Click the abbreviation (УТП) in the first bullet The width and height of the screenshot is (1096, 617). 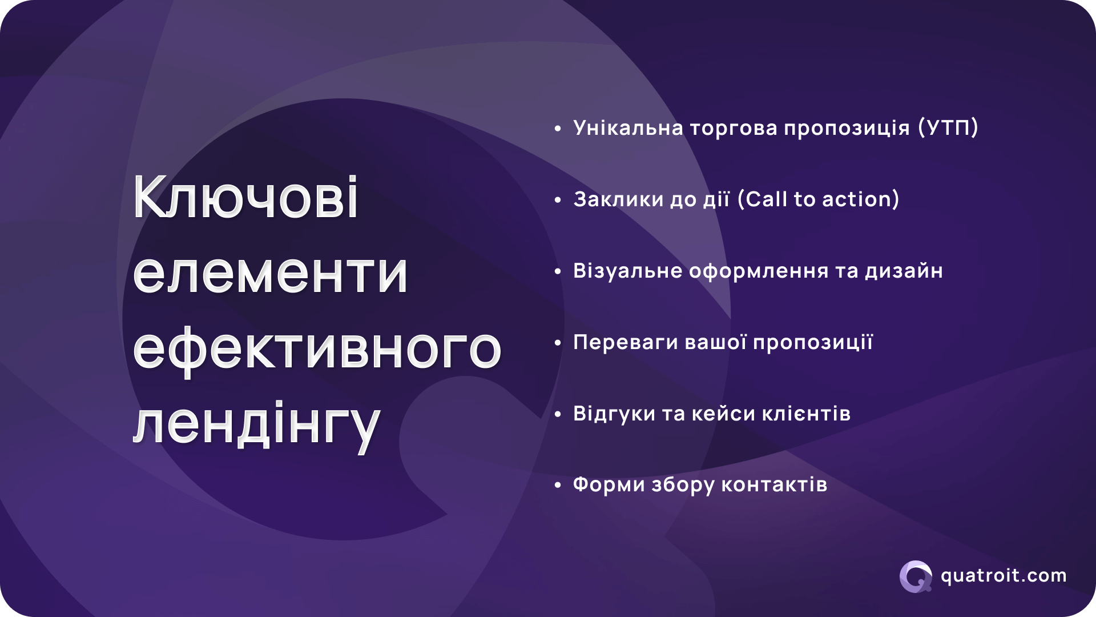point(948,128)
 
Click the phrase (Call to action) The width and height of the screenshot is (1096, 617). point(818,199)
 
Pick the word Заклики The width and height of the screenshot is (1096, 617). point(618,199)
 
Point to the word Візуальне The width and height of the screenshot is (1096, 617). point(627,271)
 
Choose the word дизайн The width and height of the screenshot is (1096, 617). point(904,271)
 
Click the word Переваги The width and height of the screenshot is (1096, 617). point(625,342)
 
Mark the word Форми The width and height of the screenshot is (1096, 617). point(609,485)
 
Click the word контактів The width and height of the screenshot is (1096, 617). point(774,485)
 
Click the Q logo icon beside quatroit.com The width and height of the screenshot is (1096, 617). point(916,576)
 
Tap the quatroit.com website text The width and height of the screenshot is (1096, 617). point(1004,576)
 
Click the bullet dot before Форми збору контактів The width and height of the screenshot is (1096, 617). point(558,486)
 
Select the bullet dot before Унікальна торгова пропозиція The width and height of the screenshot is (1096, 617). point(558,129)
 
